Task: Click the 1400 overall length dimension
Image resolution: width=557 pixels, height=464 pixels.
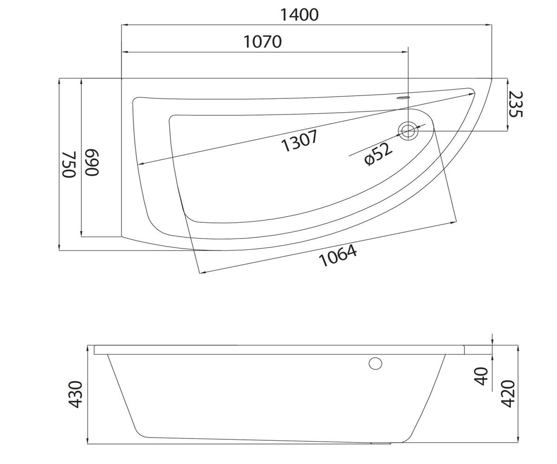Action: coord(299,15)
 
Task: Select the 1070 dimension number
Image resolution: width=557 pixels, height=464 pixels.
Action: coord(263,42)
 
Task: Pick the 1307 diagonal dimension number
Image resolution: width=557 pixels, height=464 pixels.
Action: coord(299,141)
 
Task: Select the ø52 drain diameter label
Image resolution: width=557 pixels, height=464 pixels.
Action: coord(378,154)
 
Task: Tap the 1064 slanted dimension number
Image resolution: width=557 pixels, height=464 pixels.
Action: coord(338,255)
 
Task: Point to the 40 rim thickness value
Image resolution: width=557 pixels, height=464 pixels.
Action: coord(481,376)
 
